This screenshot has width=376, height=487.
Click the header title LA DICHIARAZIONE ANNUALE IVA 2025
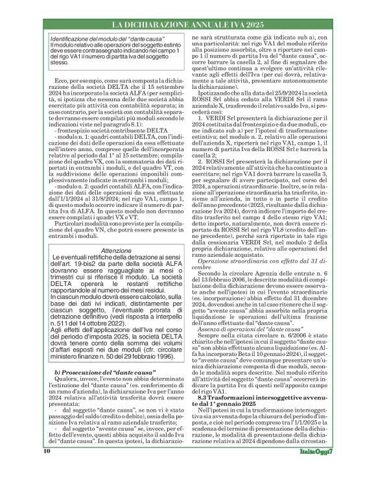pos(187,24)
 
